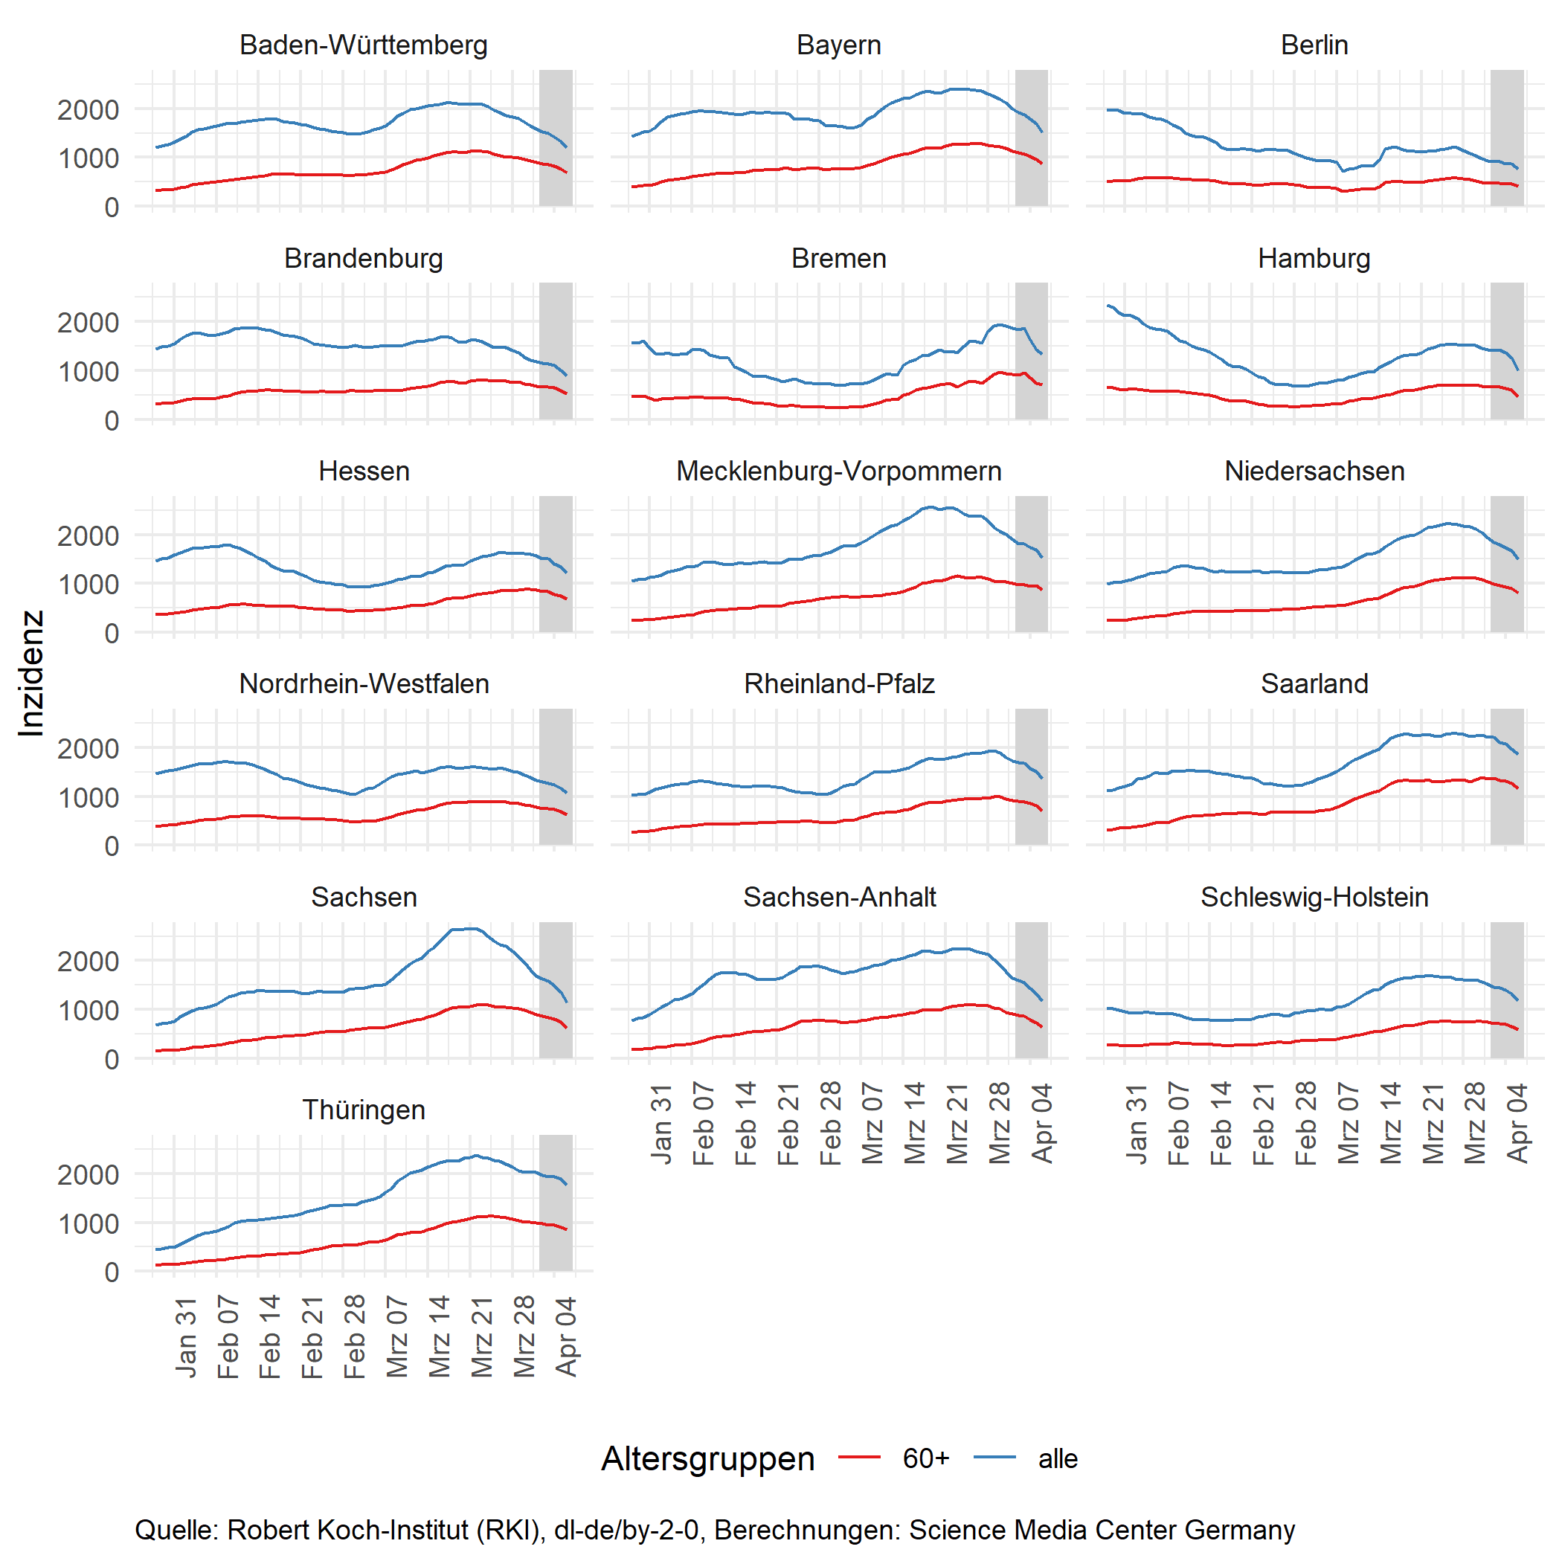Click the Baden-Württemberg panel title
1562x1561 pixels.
363,45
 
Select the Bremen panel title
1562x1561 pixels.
838,258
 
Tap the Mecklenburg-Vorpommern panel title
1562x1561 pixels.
838,471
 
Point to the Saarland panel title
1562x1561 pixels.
1314,683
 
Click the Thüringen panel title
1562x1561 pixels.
363,1109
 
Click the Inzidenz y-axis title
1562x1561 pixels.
30,672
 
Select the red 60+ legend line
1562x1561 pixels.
858,1458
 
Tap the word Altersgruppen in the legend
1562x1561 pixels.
707,1458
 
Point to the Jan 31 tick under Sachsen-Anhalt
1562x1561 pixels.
661,1123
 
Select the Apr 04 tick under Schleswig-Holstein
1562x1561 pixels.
1517,1123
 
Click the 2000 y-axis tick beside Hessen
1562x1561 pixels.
87,535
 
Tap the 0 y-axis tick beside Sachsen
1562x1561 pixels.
112,1059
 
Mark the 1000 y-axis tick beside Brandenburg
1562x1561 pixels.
87,372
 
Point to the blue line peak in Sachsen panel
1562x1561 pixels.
472,928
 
